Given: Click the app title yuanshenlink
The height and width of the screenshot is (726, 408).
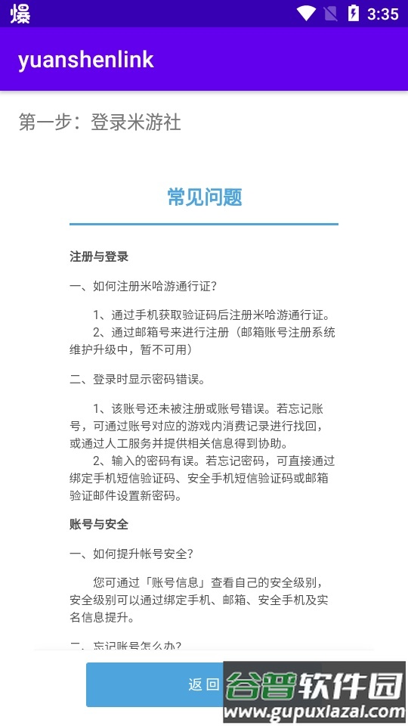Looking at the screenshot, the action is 86,60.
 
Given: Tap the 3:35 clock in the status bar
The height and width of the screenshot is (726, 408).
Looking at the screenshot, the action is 382,14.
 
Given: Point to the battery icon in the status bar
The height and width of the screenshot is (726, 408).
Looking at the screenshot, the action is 353,14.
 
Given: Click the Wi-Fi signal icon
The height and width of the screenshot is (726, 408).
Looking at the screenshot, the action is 306,14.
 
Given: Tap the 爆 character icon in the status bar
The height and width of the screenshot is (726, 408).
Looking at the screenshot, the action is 20,14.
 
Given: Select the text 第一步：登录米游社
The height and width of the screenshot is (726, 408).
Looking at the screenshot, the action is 100,123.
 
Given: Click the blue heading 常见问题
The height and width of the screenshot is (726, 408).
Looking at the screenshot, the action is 204,198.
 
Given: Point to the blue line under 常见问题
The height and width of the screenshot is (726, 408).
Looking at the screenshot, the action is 204,224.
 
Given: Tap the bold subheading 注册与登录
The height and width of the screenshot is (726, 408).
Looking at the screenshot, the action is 99,257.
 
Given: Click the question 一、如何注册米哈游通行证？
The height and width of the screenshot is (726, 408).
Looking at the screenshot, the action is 144,286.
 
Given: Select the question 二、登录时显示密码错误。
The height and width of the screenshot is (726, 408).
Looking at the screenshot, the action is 138,379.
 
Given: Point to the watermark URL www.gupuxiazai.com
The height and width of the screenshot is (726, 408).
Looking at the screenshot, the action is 316,712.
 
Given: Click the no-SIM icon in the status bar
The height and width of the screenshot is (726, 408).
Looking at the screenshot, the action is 329,14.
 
